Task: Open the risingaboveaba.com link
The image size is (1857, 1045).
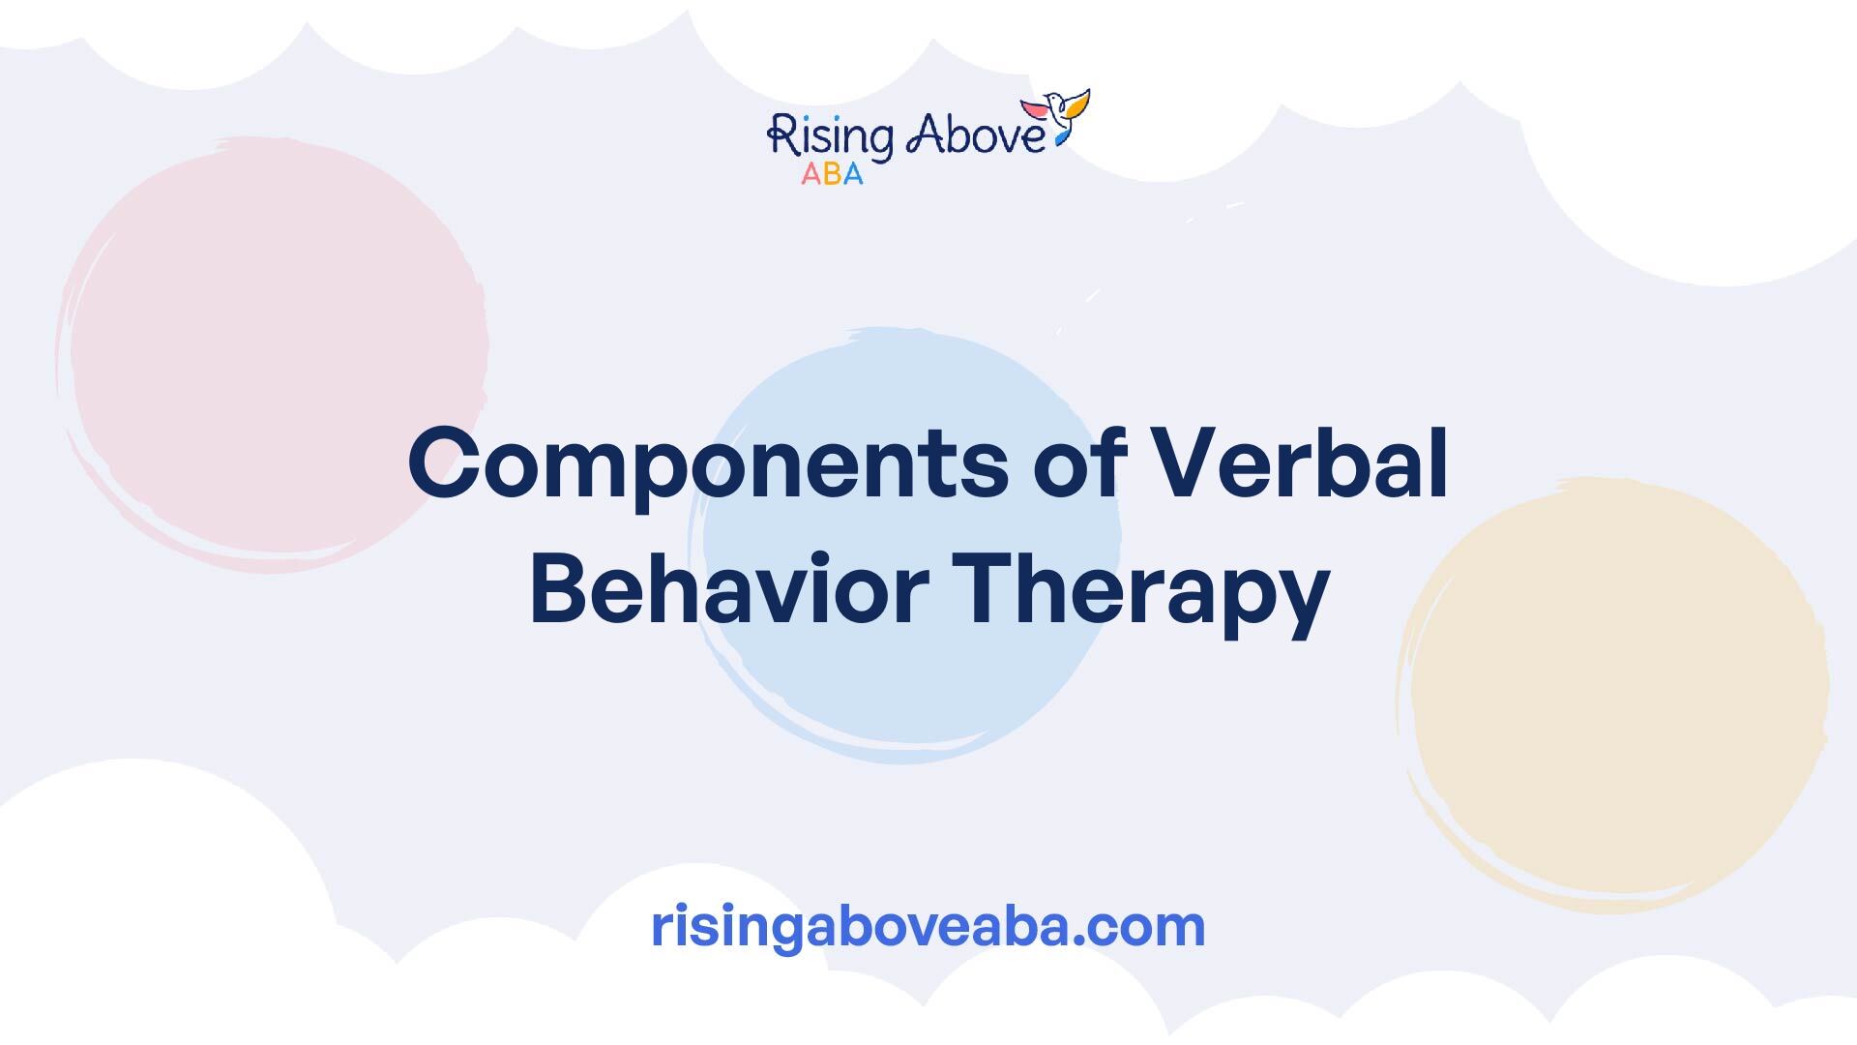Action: pyautogui.click(x=928, y=927)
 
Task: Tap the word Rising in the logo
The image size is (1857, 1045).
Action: pyautogui.click(x=830, y=135)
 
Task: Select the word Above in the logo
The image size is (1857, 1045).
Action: pyautogui.click(x=976, y=134)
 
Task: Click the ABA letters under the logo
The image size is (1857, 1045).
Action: pyautogui.click(x=832, y=174)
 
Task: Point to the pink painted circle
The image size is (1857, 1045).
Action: pyautogui.click(x=273, y=353)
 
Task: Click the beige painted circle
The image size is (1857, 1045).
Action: pyautogui.click(x=1612, y=695)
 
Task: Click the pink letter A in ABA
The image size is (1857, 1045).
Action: pyautogui.click(x=810, y=174)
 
